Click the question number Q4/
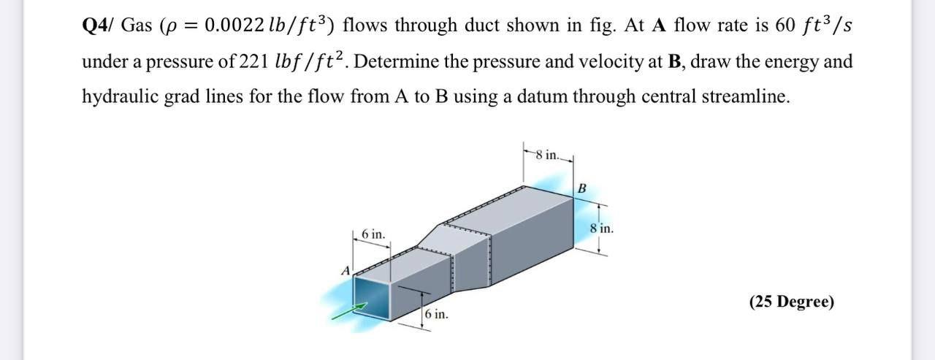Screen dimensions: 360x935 98,26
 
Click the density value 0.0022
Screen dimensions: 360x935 230,26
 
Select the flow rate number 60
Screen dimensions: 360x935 785,26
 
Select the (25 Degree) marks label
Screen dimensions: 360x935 791,302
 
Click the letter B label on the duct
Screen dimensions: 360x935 581,189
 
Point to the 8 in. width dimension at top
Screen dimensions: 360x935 547,155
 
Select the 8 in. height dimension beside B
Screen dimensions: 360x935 602,228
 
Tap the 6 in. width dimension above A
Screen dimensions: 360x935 373,234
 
